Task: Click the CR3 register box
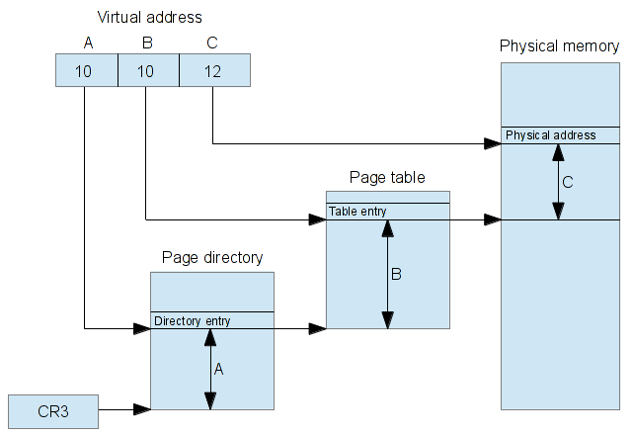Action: [x=53, y=411]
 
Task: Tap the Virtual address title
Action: [x=149, y=18]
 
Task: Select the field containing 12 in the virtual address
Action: [x=215, y=70]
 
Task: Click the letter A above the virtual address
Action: [x=88, y=43]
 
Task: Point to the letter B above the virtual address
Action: [x=147, y=43]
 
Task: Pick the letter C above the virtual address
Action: [x=212, y=43]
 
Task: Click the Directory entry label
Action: [x=193, y=320]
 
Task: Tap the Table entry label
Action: [x=357, y=211]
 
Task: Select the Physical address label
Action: [x=551, y=134]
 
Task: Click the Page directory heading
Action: [x=212, y=257]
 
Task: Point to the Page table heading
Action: [x=387, y=177]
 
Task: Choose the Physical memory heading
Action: [x=560, y=46]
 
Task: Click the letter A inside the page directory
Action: [x=219, y=369]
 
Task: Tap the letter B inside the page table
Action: [x=396, y=274]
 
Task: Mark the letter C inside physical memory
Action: [x=568, y=182]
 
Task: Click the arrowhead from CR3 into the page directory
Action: [x=142, y=409]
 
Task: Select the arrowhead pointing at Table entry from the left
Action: [x=318, y=219]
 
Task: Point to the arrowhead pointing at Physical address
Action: [x=493, y=143]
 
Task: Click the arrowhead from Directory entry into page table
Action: [x=318, y=328]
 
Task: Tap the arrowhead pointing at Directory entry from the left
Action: [x=142, y=328]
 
